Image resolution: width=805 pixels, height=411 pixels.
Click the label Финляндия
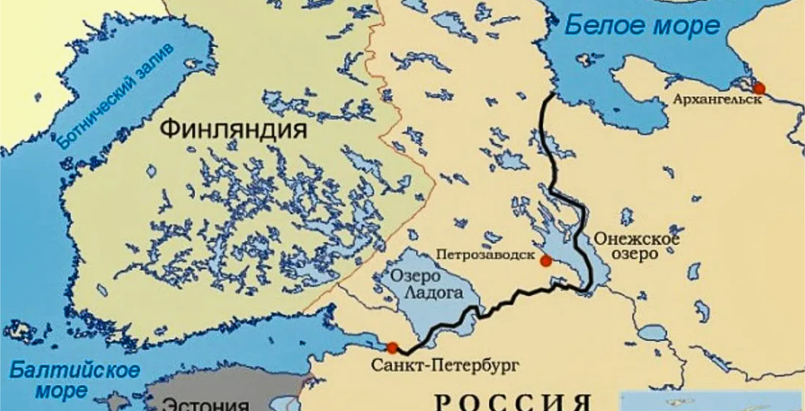tap(233, 129)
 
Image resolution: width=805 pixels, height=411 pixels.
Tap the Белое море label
tap(641, 25)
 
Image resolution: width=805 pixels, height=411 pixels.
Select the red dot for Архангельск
tap(759, 88)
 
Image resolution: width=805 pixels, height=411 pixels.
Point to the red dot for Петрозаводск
tap(545, 261)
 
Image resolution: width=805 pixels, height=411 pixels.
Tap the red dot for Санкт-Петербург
tap(391, 348)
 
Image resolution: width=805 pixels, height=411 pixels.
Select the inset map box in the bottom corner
tap(712, 401)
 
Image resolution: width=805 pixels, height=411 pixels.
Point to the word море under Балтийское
tap(60, 391)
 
